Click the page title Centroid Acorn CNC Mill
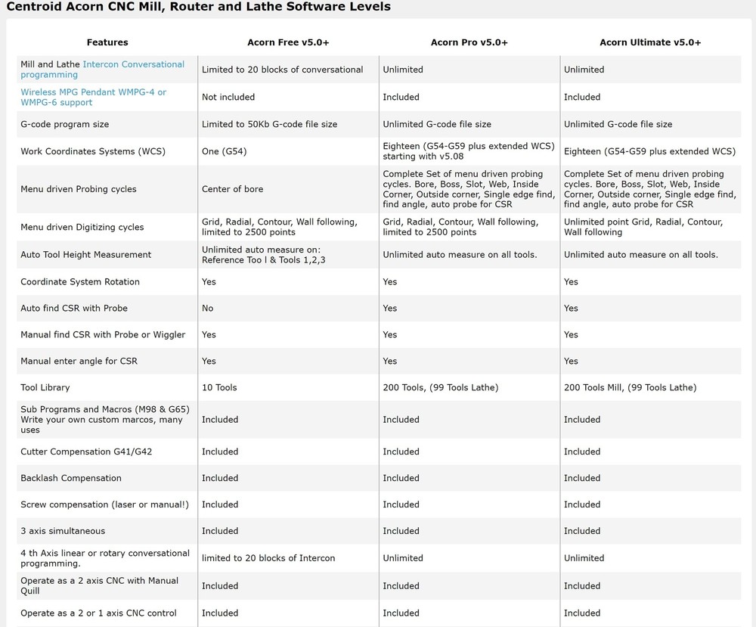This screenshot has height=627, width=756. pos(198,7)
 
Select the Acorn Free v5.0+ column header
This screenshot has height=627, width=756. pos(288,42)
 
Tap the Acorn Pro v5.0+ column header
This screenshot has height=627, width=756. pos(469,42)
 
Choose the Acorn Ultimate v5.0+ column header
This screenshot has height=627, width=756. pos(650,42)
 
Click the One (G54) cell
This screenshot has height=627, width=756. pos(224,151)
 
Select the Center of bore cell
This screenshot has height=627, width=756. pos(232,189)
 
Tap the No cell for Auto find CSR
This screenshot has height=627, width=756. pos(207,308)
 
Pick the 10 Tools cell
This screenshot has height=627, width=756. pos(219,387)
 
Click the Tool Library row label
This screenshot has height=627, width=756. pos(45,387)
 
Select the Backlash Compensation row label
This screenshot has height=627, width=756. pos(70,478)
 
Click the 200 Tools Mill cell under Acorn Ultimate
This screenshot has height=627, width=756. pos(630,387)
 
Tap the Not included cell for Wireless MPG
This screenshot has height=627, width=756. pos(228,97)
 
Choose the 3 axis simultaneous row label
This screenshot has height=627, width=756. pos(63,531)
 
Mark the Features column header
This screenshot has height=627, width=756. pos(107,42)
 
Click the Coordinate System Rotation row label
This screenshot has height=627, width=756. pos(79,281)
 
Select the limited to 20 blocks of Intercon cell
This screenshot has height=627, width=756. pos(268,558)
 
